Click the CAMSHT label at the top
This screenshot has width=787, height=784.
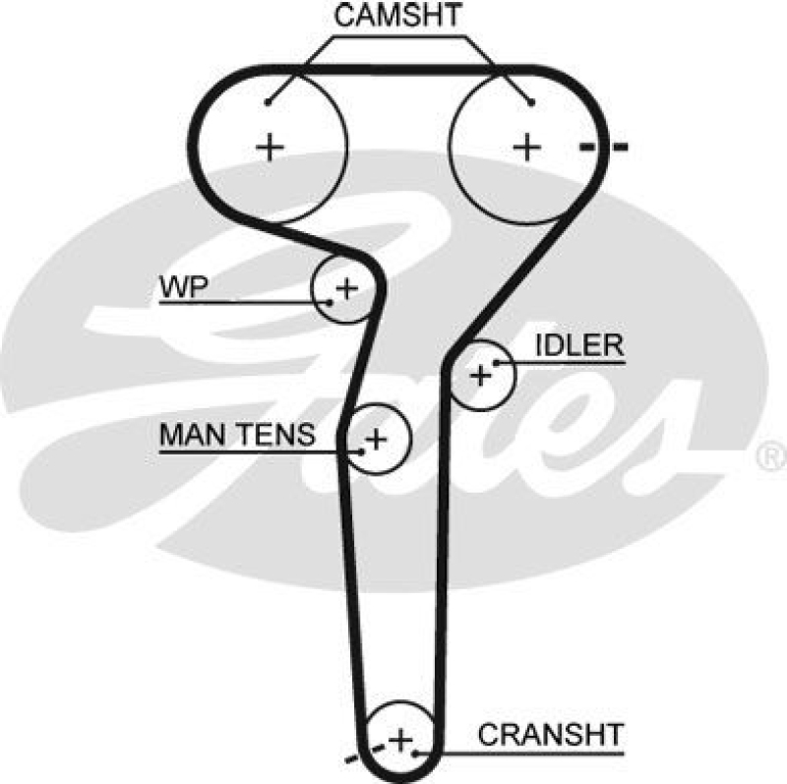[x=399, y=17]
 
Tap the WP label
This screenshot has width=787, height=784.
[x=182, y=288]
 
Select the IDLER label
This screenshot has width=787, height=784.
[x=579, y=344]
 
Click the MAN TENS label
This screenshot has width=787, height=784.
[x=236, y=433]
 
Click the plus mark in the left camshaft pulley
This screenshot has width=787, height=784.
[x=270, y=148]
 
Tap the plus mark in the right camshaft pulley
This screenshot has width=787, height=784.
[x=528, y=148]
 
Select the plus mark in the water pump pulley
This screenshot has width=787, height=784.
[x=346, y=288]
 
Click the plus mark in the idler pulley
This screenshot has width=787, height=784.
[x=480, y=375]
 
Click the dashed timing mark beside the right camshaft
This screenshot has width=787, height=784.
[x=602, y=149]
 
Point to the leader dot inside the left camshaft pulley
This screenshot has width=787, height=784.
[x=269, y=101]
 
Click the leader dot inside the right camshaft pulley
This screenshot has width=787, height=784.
[x=531, y=101]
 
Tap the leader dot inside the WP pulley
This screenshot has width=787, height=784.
[x=331, y=301]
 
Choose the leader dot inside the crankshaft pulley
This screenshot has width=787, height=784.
[x=418, y=753]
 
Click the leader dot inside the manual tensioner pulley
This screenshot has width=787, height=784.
[x=363, y=451]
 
